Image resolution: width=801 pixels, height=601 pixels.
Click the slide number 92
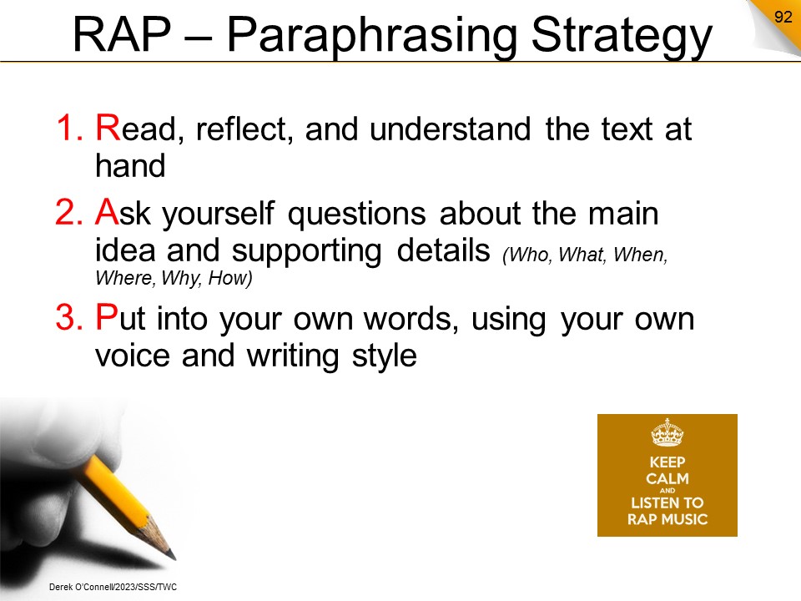tap(783, 17)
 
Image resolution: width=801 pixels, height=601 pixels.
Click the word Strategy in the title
tap(622, 37)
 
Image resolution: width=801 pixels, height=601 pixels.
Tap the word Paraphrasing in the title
tap(372, 37)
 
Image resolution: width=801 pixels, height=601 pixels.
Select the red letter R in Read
tap(108, 127)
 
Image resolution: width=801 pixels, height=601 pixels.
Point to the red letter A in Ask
tap(107, 211)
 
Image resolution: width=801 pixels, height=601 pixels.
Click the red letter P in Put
tap(106, 317)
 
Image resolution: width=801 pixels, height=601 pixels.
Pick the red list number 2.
tap(69, 212)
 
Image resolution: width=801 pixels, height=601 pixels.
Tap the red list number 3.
tap(69, 317)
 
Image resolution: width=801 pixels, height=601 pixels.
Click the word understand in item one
tap(450, 129)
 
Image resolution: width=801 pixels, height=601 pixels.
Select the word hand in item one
tap(130, 165)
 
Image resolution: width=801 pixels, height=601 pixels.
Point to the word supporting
tap(306, 251)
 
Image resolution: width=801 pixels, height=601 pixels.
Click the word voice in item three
tap(133, 356)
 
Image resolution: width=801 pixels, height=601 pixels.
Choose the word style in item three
tap(384, 356)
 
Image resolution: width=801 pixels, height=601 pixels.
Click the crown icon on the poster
tap(667, 432)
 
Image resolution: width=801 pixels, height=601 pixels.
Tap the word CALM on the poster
tap(667, 479)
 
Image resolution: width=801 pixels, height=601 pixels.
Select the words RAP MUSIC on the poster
tap(667, 520)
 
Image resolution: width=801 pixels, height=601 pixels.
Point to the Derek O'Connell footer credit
tap(113, 587)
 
